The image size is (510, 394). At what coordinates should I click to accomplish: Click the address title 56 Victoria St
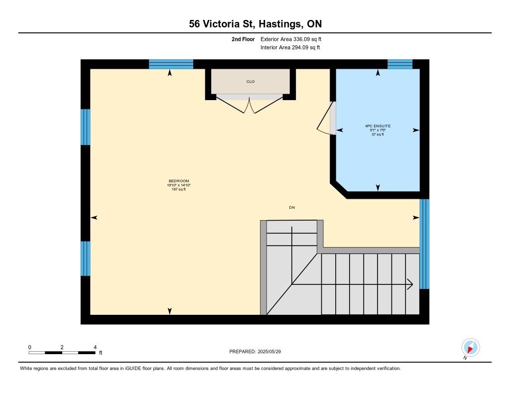[222, 24]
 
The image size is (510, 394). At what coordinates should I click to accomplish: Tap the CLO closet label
[251, 82]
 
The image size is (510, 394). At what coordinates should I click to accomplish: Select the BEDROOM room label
[179, 181]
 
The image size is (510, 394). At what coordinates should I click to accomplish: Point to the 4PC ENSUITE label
[378, 126]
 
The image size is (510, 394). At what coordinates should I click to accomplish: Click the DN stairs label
[292, 208]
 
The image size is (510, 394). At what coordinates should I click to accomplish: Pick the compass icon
[470, 348]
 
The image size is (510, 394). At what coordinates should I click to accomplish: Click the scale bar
[62, 353]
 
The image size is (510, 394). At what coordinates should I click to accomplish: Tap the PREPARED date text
[255, 352]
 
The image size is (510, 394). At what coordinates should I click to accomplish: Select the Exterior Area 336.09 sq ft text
[291, 39]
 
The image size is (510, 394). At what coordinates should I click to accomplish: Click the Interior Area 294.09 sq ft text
[290, 47]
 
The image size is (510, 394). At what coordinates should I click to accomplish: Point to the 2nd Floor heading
[243, 39]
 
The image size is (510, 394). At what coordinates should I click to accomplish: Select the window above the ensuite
[400, 64]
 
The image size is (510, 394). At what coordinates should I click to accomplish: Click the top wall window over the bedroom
[171, 64]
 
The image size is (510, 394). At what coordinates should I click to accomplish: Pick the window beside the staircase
[424, 244]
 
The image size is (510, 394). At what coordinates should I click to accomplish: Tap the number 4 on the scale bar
[95, 347]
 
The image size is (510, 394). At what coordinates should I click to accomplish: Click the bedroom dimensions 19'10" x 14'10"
[179, 185]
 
